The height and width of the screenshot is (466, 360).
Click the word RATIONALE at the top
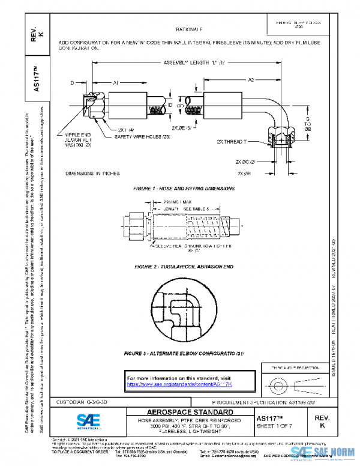[x=189, y=29]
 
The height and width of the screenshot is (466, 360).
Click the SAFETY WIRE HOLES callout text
[x=139, y=137]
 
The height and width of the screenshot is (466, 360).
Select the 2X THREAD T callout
[x=232, y=141]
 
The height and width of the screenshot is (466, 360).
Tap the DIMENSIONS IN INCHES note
[x=92, y=174]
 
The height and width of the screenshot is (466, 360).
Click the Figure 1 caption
[x=184, y=189]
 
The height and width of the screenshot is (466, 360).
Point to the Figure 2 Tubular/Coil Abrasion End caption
[x=184, y=266]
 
